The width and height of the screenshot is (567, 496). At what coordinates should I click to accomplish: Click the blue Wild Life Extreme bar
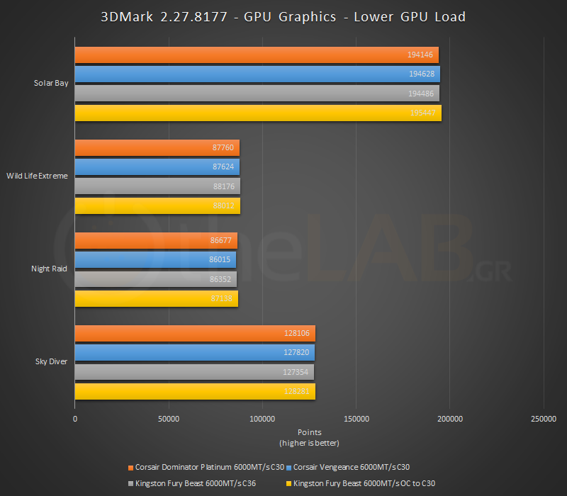pos(157,167)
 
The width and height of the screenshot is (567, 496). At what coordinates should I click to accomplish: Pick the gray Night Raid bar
pos(155,279)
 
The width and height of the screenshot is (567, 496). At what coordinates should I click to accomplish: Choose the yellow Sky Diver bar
pos(195,391)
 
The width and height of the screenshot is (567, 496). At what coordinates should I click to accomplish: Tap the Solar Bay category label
pos(51,83)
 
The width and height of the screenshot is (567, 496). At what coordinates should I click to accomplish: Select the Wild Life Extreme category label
pos(38,176)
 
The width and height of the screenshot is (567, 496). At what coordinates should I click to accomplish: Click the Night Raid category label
pos(50,269)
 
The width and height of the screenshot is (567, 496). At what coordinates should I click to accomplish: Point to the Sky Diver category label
pos(51,361)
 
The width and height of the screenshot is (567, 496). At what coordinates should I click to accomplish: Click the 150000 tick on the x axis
pos(356,419)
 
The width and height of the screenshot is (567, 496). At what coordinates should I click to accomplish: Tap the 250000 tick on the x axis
pos(543,419)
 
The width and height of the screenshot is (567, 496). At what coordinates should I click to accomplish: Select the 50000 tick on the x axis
pos(169,419)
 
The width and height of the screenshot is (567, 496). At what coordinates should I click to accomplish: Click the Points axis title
pos(309,432)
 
